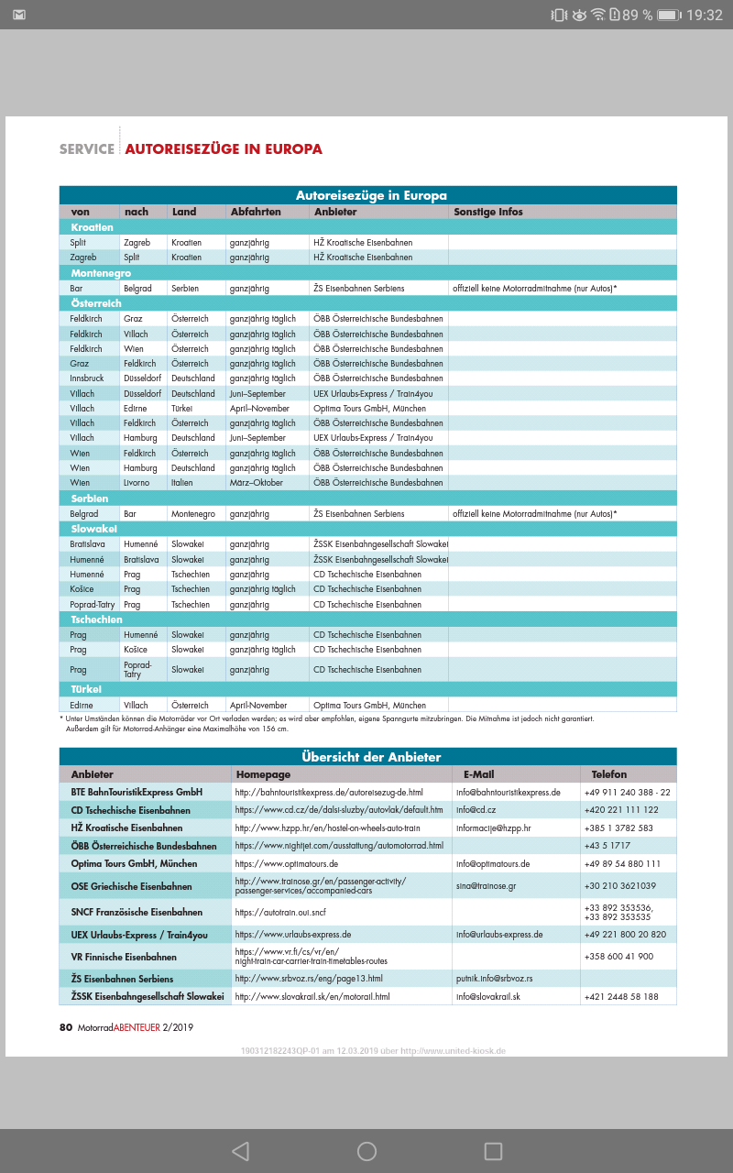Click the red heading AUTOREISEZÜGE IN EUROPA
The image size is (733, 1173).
(224, 148)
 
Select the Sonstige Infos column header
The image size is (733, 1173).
(488, 212)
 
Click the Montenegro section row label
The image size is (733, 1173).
(101, 273)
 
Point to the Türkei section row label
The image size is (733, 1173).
(86, 689)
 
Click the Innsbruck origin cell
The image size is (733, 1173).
(87, 378)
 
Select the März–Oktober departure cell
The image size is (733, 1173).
(257, 483)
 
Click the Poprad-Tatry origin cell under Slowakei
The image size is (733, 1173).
(90, 605)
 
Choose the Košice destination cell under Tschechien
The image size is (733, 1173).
(135, 650)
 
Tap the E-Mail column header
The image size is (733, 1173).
(479, 775)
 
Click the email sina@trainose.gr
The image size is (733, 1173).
(487, 886)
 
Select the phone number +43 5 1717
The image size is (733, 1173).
(607, 846)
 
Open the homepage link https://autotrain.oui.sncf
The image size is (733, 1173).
(280, 913)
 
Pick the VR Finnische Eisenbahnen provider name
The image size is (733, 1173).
(124, 957)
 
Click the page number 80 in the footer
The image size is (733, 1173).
(65, 1027)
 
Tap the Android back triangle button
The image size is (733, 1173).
(240, 1151)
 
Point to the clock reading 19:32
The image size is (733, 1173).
(704, 15)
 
